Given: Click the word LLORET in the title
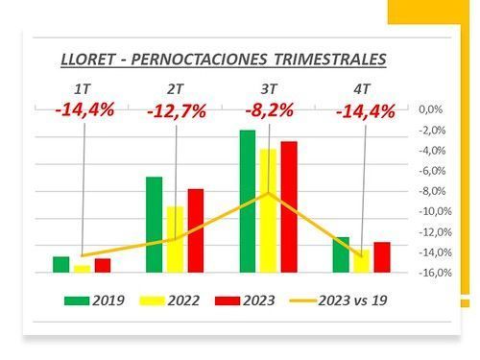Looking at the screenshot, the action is (87, 59).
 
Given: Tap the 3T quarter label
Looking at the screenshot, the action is (268, 89).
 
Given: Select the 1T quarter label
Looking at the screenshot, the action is (83, 89).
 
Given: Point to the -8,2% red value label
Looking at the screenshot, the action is (269, 110).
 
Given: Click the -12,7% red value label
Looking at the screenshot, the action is (177, 111).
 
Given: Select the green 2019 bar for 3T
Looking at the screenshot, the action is (248, 202).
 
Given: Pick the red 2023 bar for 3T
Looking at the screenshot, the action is (289, 207).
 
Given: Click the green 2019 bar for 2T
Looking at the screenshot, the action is (154, 225).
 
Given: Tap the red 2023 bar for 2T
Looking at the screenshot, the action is (196, 230).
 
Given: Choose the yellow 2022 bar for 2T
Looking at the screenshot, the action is (175, 239).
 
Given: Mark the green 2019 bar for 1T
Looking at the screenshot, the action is (61, 265).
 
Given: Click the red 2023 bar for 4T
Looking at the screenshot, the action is (382, 257).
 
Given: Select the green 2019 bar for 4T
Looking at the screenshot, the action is (341, 254).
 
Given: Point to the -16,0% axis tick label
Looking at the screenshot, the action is (435, 273).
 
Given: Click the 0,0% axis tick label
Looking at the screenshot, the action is (431, 109).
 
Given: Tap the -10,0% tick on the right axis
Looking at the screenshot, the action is (435, 211).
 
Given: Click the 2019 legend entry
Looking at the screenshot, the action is (94, 300).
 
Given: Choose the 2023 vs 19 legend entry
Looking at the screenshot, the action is (338, 300).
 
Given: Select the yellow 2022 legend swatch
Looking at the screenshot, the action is (152, 300).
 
